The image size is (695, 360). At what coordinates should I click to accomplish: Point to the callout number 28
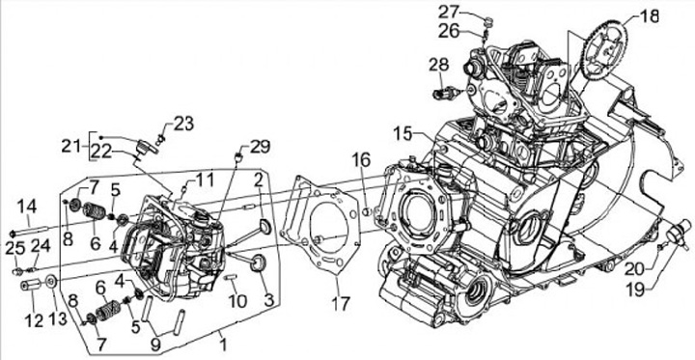(x=440, y=66)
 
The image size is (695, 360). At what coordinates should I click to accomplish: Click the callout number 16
(x=361, y=160)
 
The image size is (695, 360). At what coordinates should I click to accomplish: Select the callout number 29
(x=260, y=147)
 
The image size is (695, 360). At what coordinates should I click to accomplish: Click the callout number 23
(x=182, y=125)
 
